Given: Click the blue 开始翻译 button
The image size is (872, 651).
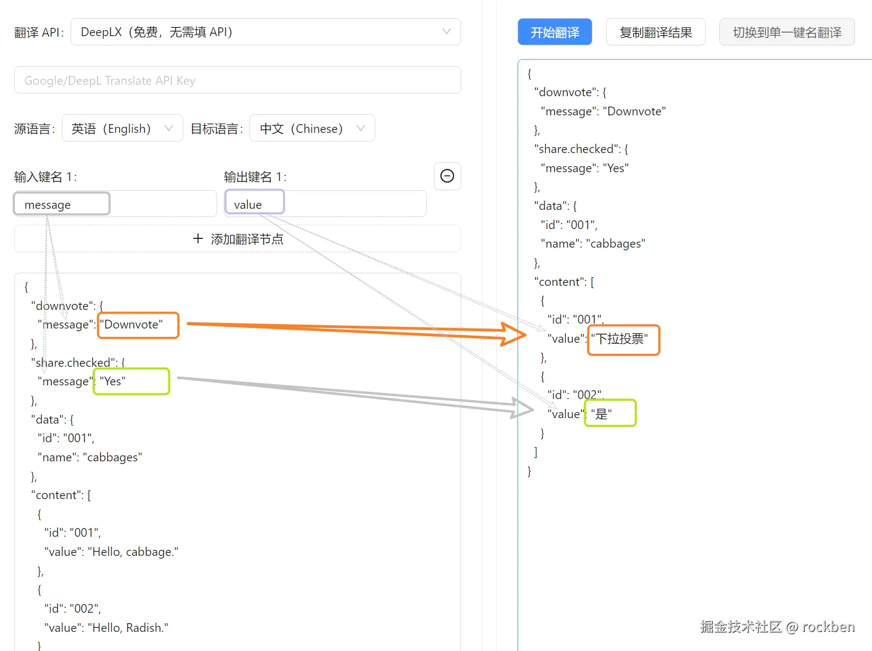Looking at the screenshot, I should pyautogui.click(x=555, y=32).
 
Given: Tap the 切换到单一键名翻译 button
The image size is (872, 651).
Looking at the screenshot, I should pyautogui.click(x=787, y=32).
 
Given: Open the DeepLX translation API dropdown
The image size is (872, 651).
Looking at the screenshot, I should pyautogui.click(x=265, y=32).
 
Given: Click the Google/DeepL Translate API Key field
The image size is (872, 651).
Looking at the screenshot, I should pyautogui.click(x=237, y=80).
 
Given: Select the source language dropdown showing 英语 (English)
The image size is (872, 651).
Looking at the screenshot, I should pyautogui.click(x=122, y=128).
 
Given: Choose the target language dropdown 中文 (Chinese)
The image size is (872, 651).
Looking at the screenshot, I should pyautogui.click(x=312, y=128).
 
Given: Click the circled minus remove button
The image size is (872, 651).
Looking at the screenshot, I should pyautogui.click(x=447, y=176).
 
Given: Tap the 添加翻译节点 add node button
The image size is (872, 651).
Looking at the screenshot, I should pyautogui.click(x=237, y=239).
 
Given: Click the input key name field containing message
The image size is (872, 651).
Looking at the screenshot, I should pyautogui.click(x=115, y=204).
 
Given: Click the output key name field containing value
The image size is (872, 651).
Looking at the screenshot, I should pyautogui.click(x=325, y=204).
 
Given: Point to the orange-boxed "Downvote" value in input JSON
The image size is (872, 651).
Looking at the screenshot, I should pyautogui.click(x=133, y=325).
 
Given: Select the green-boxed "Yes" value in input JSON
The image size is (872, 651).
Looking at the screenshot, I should pyautogui.click(x=113, y=381).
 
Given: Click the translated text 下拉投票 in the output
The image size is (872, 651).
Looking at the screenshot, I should pyautogui.click(x=620, y=339).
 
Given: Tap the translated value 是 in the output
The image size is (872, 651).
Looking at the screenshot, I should pyautogui.click(x=602, y=414).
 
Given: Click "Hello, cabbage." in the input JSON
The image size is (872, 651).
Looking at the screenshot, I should pyautogui.click(x=133, y=552).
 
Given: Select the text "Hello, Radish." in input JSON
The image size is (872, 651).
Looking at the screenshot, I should pyautogui.click(x=128, y=627).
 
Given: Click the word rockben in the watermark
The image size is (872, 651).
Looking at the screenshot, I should pyautogui.click(x=828, y=627).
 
